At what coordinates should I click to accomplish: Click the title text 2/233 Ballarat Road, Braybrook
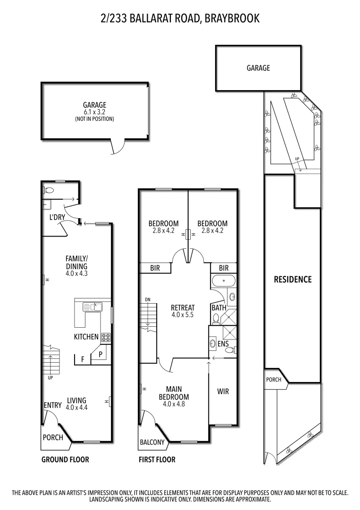(180, 18)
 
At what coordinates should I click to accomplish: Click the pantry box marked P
(100, 354)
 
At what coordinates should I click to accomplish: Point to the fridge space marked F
(83, 359)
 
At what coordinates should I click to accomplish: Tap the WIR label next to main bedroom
(223, 391)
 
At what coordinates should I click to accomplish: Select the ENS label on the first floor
(223, 344)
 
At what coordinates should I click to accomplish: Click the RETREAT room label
(183, 308)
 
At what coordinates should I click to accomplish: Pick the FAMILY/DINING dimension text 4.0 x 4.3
(76, 273)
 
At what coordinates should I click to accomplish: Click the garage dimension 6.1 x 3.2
(94, 112)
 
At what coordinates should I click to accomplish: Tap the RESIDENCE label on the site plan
(293, 279)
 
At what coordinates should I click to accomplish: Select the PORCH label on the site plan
(274, 380)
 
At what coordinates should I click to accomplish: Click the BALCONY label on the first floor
(152, 442)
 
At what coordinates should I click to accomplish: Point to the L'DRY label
(57, 217)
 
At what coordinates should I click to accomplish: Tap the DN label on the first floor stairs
(147, 299)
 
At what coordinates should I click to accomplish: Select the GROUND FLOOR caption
(65, 459)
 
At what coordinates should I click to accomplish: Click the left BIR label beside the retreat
(155, 268)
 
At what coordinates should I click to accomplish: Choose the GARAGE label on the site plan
(258, 68)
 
